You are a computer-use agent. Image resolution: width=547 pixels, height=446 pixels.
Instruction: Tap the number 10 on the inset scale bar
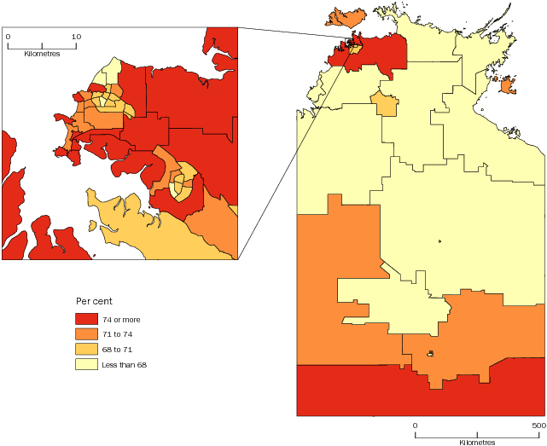[75, 37]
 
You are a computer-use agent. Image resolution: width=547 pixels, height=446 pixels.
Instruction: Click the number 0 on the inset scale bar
[8, 37]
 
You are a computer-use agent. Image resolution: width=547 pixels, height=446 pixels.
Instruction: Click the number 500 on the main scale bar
[538, 425]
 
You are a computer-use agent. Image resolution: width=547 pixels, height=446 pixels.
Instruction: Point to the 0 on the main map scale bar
[415, 425]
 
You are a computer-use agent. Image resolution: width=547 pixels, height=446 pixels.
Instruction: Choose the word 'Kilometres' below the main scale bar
[476, 443]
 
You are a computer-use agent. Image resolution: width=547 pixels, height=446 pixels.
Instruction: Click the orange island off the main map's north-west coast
[345, 16]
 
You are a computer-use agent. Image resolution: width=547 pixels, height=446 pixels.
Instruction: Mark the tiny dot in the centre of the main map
[440, 241]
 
